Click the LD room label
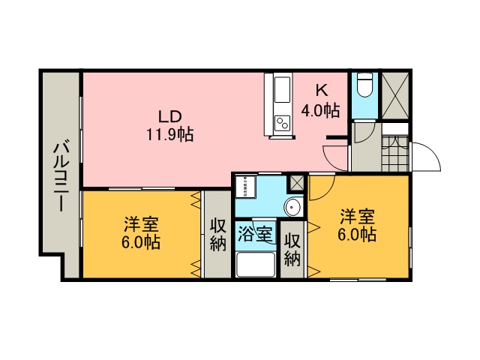point(169,118)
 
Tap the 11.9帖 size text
point(169,135)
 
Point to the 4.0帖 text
point(320,110)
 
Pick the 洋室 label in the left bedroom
point(141,224)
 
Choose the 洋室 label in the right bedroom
point(357,217)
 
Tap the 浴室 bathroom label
point(255,233)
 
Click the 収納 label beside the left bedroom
point(217,234)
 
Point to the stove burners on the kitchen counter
point(282,122)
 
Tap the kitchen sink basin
point(282,93)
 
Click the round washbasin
point(292,208)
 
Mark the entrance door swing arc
point(426,156)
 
